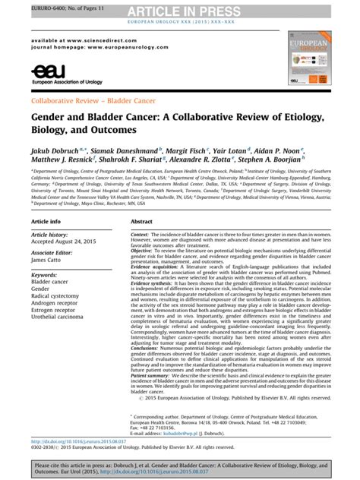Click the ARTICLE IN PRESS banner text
[x=179, y=9]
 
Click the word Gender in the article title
[x=49, y=114]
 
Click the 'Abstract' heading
[x=142, y=221]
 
